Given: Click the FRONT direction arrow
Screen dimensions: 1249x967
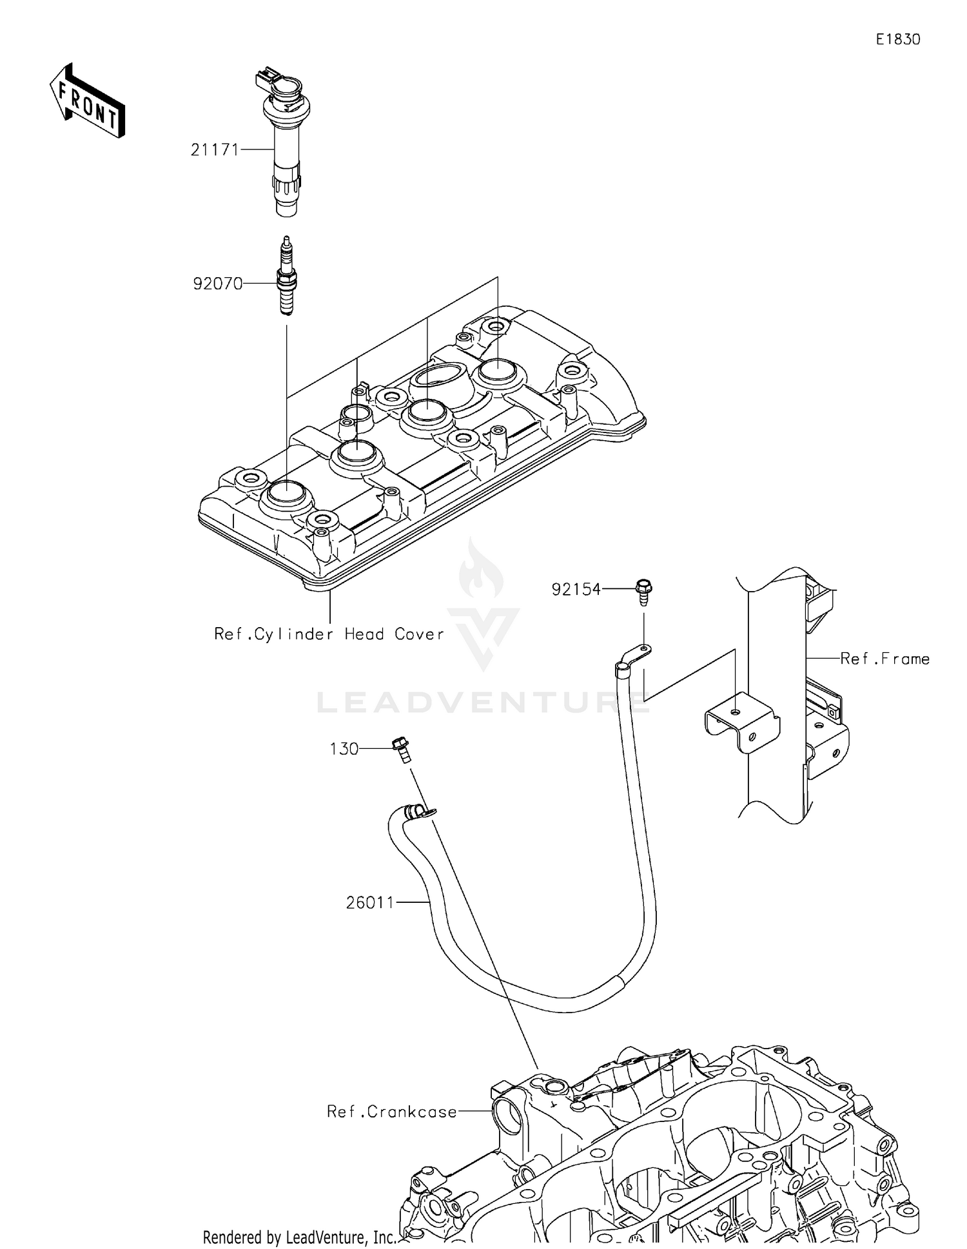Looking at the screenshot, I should (x=87, y=102).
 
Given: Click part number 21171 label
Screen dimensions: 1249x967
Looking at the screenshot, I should (x=215, y=150).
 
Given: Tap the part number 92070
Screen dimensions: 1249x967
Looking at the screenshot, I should (x=217, y=284).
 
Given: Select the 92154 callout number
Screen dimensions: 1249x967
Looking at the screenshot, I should (x=576, y=589).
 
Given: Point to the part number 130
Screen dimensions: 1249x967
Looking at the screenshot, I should (x=344, y=749).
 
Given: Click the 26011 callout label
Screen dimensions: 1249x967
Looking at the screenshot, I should (x=370, y=903).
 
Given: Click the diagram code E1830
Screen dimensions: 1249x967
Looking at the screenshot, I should (x=897, y=39).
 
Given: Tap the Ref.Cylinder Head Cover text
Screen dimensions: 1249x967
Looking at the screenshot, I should (x=329, y=634).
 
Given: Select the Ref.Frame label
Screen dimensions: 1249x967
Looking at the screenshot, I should (x=884, y=659).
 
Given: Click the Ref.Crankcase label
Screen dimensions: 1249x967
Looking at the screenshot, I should (x=392, y=1112).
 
